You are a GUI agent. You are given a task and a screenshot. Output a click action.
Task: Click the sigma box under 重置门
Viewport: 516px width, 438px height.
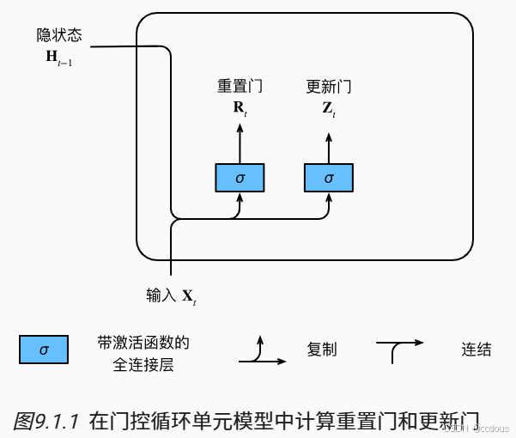pos(240,178)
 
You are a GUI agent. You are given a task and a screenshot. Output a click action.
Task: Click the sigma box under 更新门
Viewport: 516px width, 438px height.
pos(329,178)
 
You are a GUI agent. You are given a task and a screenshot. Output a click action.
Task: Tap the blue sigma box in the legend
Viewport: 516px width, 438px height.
pos(44,350)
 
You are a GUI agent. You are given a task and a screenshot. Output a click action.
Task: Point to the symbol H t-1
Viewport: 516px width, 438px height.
pos(58,58)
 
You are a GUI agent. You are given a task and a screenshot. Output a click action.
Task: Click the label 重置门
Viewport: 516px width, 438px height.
pos(240,87)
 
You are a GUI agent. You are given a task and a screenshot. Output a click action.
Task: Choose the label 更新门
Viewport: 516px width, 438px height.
pos(329,87)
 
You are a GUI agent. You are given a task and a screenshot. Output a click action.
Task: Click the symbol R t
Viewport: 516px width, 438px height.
pos(240,108)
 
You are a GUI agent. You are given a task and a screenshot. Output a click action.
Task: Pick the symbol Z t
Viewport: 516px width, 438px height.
pos(329,108)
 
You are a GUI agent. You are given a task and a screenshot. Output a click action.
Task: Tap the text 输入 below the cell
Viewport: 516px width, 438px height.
pos(161,295)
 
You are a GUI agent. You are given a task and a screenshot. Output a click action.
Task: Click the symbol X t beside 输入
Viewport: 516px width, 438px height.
pos(189,297)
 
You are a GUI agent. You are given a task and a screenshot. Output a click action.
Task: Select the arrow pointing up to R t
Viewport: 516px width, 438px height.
pos(240,142)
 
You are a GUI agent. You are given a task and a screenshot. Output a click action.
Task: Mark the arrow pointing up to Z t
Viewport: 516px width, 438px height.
pos(329,142)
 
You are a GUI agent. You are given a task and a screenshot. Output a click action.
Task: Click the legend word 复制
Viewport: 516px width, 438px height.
pos(322,350)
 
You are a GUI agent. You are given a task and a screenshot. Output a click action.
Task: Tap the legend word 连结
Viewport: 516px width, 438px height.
pos(477,350)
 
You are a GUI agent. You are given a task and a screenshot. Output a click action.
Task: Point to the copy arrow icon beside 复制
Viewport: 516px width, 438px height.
pos(261,352)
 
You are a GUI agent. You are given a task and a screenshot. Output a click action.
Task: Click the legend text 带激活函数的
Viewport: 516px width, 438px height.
pos(143,343)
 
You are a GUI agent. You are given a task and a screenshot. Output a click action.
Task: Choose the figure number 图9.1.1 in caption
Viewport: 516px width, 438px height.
pos(47,421)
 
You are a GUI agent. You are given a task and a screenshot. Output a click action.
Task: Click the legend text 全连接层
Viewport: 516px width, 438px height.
pos(143,365)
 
